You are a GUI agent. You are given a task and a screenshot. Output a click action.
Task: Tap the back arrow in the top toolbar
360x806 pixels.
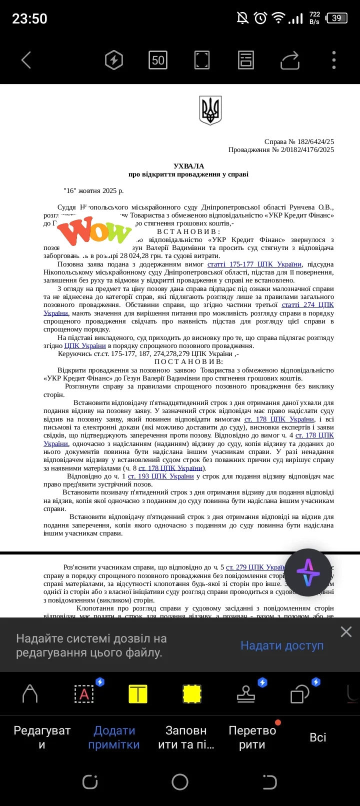coord(26,60)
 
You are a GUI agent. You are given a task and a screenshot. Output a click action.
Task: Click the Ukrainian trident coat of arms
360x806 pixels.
coord(210,110)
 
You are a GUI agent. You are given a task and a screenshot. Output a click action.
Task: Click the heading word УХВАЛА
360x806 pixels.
coord(188,166)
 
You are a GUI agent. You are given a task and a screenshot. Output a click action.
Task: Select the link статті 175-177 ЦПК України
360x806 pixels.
coord(254,264)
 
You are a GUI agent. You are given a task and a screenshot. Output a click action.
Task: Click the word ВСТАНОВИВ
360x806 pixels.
coord(188,231)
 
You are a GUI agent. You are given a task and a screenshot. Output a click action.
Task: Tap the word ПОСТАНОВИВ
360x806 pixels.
coord(188,361)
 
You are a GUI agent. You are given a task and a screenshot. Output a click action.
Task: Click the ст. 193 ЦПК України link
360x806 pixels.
coord(160,476)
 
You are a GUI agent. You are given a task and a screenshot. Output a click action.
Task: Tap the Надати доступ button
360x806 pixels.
coord(282,645)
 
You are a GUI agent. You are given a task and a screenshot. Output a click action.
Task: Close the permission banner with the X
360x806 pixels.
coord(346,632)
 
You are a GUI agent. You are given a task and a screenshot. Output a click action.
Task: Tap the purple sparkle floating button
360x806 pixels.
coord(308,572)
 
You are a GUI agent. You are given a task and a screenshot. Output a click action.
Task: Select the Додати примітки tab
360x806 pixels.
coord(114,737)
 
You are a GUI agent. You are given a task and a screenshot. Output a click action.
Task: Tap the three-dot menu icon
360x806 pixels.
coord(334,60)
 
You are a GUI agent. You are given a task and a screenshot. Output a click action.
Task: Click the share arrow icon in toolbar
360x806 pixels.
coord(290,60)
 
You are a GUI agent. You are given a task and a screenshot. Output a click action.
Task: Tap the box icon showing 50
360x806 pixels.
coord(158,60)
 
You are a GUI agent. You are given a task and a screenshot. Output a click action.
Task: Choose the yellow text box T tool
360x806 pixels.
coord(138,694)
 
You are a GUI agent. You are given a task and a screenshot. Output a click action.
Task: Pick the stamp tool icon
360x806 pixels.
coord(246,694)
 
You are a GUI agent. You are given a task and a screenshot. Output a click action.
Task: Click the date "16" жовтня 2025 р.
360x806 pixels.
coord(93,190)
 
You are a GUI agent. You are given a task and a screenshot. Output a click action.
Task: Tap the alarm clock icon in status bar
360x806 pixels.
coord(260,18)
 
